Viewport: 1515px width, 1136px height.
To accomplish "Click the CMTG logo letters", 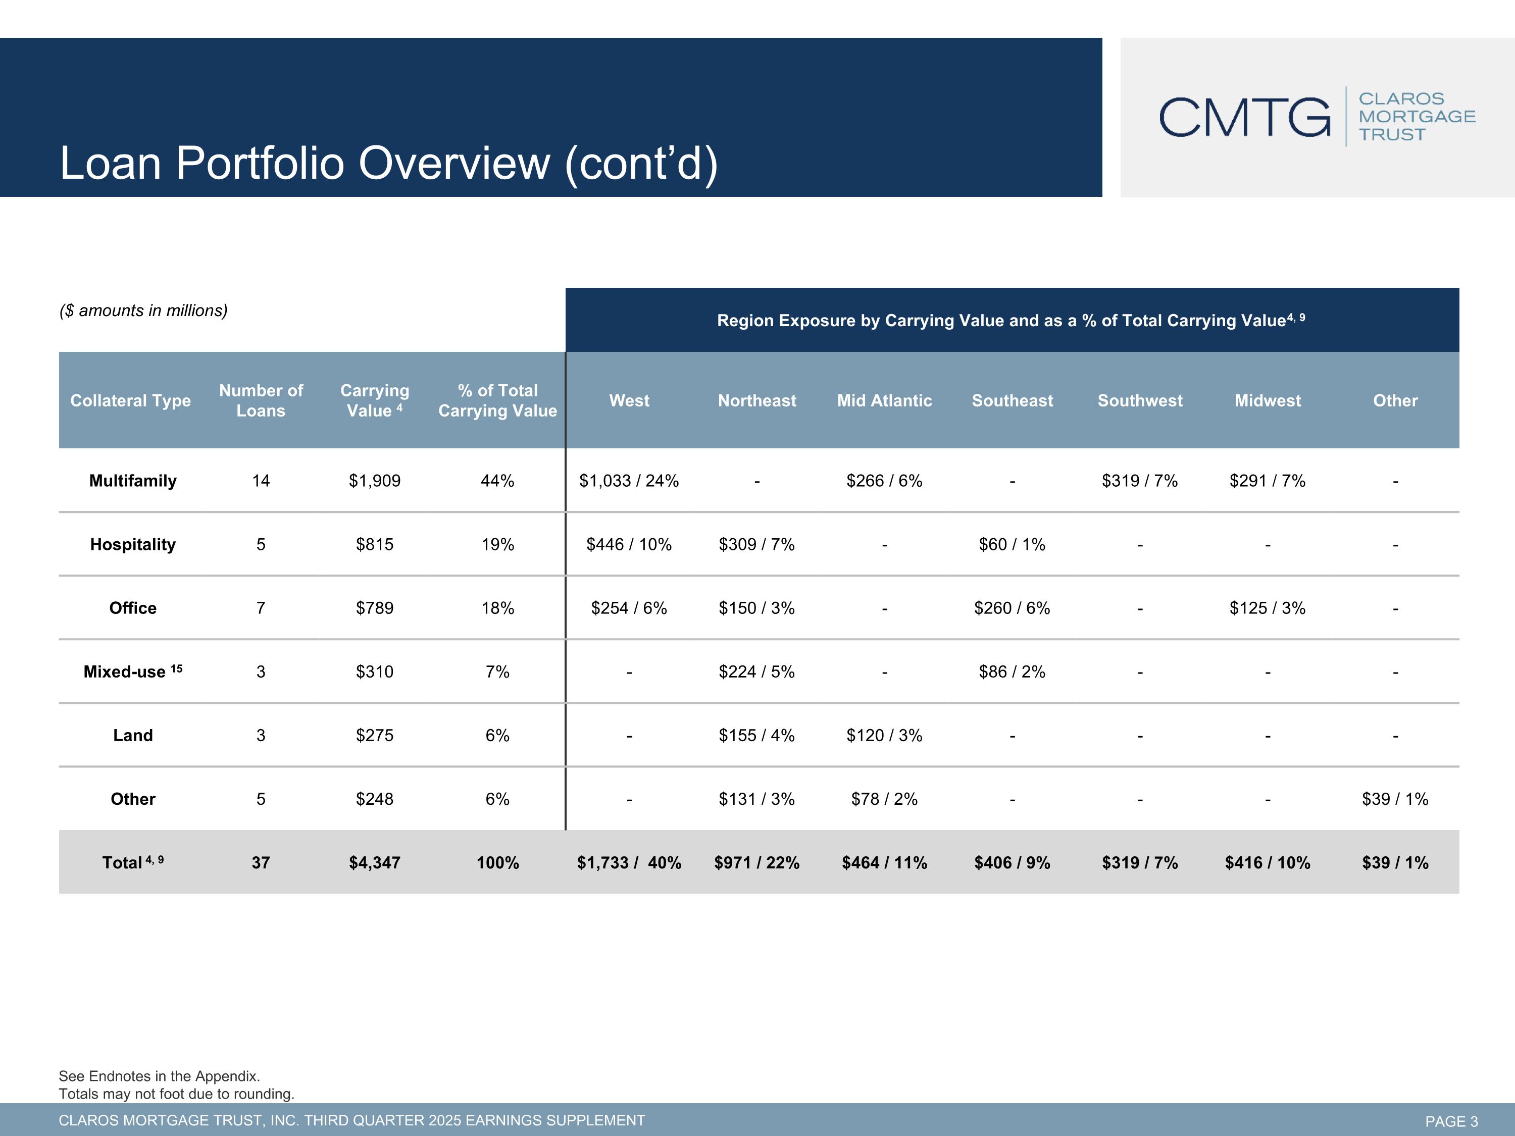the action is (1244, 117).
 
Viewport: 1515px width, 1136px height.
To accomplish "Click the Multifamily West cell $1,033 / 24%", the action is (629, 481).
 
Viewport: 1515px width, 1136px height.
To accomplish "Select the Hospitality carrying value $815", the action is (375, 544).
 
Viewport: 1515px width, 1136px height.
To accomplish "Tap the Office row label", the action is (133, 608).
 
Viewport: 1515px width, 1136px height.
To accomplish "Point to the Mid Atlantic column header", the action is (884, 400).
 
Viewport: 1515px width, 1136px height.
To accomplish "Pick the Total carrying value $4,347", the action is (375, 863).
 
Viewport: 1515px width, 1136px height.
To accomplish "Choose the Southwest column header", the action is (1140, 400).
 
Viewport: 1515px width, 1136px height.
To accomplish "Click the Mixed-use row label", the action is (133, 671).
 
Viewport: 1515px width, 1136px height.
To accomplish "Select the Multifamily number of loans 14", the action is (261, 481).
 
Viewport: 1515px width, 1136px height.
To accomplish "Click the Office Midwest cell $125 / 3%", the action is (1267, 608).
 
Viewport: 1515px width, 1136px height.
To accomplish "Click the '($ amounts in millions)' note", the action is (143, 311).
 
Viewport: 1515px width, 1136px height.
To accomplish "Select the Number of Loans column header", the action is (261, 400).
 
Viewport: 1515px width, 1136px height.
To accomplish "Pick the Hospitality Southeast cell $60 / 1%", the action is (1012, 544).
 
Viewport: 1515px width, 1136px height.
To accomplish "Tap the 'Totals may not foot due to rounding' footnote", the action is (177, 1094).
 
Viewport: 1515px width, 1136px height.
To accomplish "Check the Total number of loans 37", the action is (261, 863).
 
